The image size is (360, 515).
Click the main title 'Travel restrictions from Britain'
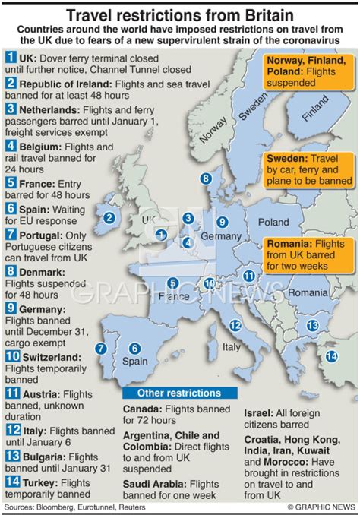[x=180, y=14]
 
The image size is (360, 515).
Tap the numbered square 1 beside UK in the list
[x=11, y=56]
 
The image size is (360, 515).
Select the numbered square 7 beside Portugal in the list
[x=11, y=236]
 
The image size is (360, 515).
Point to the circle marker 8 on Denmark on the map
[x=204, y=179]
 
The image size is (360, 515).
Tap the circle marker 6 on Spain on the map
[x=134, y=348]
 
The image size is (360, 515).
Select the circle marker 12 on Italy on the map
[x=235, y=325]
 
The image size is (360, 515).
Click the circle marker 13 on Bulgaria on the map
[x=311, y=325]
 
